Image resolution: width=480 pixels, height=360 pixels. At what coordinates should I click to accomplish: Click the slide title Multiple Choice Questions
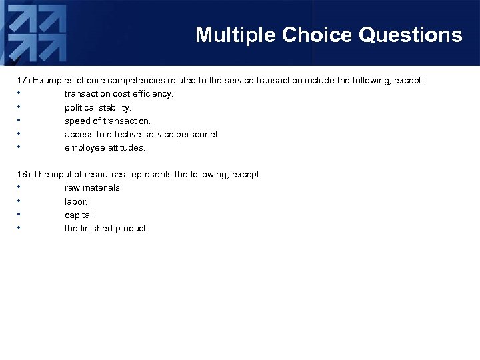click(329, 35)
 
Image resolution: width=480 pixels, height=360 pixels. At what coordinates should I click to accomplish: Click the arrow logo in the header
click(37, 33)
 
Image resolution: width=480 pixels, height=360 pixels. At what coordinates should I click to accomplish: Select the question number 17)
click(23, 81)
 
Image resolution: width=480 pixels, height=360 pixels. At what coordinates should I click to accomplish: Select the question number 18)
click(23, 175)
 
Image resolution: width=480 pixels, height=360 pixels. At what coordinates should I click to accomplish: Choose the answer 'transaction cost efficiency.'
click(119, 94)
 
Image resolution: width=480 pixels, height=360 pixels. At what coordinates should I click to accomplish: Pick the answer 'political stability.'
click(98, 107)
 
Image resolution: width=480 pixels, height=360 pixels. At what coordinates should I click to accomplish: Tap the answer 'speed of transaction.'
click(107, 121)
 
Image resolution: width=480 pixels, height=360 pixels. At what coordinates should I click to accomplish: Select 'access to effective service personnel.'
click(141, 135)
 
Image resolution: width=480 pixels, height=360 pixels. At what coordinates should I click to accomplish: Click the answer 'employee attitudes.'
click(105, 148)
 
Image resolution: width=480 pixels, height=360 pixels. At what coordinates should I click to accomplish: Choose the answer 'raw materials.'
click(93, 188)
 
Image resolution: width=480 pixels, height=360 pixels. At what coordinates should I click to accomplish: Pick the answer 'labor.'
click(76, 201)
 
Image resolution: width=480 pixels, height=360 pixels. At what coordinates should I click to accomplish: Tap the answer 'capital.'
click(79, 215)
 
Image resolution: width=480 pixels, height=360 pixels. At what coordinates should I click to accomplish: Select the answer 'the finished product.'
click(106, 229)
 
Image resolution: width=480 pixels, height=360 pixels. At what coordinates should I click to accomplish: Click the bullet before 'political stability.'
click(19, 107)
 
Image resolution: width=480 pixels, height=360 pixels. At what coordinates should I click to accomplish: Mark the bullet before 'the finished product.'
click(19, 228)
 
